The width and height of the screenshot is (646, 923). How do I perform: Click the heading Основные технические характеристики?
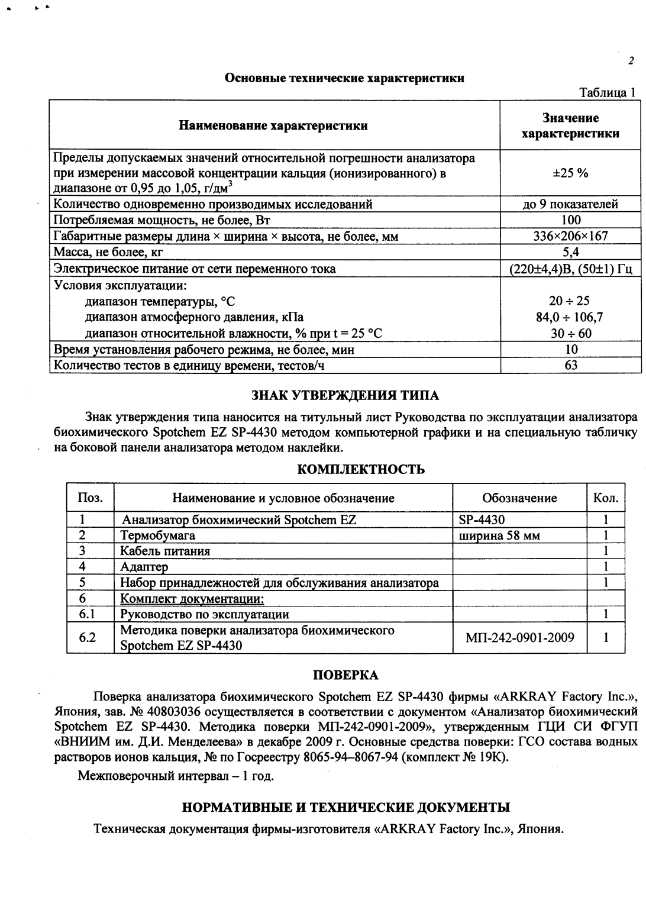344,78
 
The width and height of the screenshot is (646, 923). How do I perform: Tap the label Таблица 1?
608,93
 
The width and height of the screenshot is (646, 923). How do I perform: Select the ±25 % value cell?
570,173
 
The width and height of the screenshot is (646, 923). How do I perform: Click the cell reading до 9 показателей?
570,204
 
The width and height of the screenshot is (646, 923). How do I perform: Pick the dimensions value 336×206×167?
570,237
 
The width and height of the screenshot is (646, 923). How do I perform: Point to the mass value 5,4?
570,253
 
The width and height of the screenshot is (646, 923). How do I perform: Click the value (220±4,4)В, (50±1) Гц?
571,269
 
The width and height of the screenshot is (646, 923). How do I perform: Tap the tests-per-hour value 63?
571,365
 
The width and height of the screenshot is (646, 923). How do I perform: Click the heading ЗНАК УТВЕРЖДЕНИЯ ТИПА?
345,395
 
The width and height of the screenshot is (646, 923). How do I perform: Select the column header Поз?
90,498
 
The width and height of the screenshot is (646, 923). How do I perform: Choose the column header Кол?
606,498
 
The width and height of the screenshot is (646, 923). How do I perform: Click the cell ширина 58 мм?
499,535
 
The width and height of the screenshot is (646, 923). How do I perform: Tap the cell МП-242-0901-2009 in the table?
519,637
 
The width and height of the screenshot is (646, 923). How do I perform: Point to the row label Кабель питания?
165,551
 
